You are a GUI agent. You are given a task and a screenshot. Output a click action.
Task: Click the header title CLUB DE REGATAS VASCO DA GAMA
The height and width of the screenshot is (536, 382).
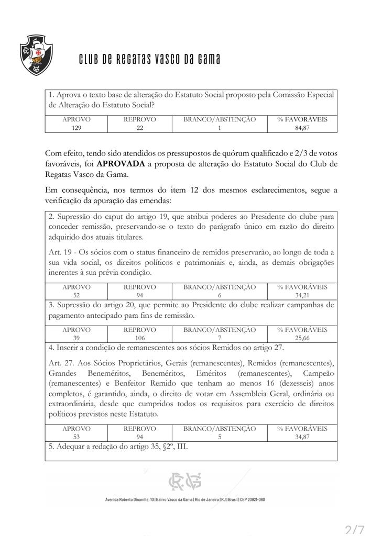coord(149,59)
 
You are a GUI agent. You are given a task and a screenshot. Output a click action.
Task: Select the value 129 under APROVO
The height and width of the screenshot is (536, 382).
coord(76,127)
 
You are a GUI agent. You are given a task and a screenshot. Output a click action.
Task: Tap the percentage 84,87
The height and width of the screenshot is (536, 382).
coord(302,127)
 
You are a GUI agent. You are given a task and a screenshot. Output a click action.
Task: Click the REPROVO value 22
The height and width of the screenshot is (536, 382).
coord(139,127)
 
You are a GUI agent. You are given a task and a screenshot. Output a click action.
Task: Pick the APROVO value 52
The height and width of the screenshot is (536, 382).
coord(76,295)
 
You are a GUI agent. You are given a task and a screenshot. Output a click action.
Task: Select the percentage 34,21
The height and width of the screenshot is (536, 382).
coord(302,295)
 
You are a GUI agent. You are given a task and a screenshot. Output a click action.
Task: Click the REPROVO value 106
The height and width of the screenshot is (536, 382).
coord(139,338)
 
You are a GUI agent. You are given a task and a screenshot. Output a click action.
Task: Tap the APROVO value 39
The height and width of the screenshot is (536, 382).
coord(76,338)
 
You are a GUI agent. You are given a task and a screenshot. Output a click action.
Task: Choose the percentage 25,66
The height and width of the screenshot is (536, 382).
coord(302,338)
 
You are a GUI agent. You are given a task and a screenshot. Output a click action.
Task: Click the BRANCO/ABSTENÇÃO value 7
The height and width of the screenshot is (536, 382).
coord(220,338)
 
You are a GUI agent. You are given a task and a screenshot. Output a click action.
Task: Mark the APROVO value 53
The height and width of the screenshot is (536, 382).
coord(76,437)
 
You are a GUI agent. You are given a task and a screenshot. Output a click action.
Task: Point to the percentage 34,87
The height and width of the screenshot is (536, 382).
coord(302,437)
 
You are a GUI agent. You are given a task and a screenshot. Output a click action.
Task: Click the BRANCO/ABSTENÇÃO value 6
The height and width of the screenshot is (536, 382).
coord(220,295)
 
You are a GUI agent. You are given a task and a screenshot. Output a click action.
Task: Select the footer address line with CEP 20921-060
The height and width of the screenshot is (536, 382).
coord(185,499)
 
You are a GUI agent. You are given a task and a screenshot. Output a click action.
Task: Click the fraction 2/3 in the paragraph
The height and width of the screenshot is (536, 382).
coord(298,153)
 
